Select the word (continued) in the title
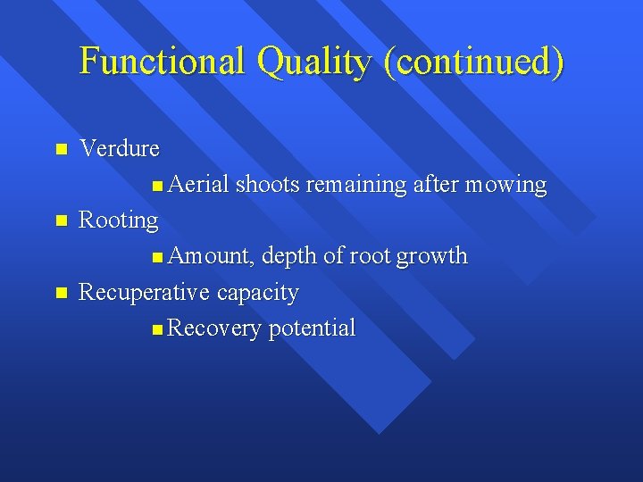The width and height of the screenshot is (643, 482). pos(473,62)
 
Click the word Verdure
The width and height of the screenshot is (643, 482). pos(120,148)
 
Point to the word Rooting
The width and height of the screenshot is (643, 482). pos(119,220)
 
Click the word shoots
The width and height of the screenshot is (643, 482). pos(268,185)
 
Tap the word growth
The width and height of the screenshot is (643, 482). pos(432,256)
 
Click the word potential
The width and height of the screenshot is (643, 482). pos(312,328)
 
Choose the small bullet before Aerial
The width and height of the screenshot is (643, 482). pos(157,186)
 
